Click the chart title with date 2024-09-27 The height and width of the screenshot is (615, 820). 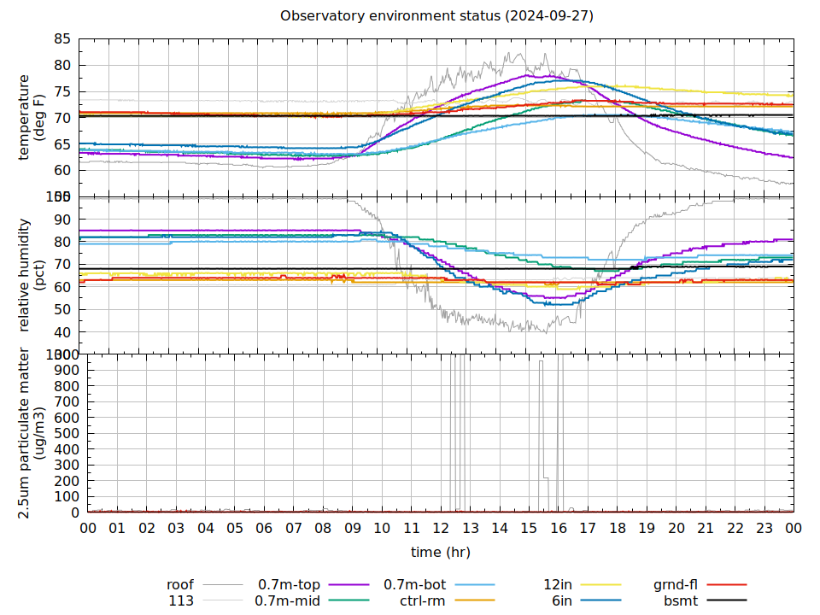436,16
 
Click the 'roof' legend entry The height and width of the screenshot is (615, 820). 180,585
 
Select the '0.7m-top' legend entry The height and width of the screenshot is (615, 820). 290,585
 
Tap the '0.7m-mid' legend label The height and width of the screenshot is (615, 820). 288,600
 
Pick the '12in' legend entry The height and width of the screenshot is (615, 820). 558,585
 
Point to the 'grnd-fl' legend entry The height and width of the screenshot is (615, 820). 675,585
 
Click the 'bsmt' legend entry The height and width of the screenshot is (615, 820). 681,600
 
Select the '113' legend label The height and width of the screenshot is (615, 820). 181,600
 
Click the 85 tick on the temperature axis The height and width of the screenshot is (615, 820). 62,39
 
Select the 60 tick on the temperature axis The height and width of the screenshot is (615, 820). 62,170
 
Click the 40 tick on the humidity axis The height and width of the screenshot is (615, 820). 62,332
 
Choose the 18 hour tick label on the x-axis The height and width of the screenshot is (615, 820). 618,529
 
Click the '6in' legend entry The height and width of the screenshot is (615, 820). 562,600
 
